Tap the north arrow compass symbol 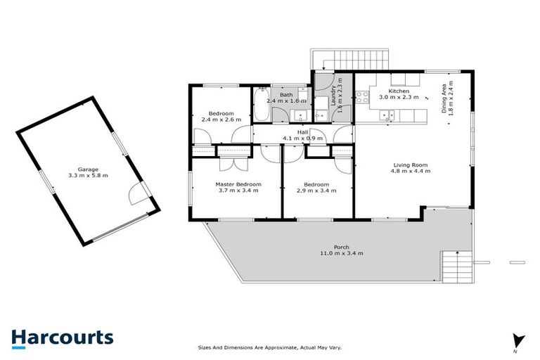pos(517,340)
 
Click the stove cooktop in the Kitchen pos(362,97)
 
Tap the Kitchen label pos(399,91)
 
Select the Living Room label pos(410,165)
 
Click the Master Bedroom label pos(238,184)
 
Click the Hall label pos(302,131)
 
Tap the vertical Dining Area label pos(444,97)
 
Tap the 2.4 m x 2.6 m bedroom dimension pos(221,120)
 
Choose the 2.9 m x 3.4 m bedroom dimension pos(318,190)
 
